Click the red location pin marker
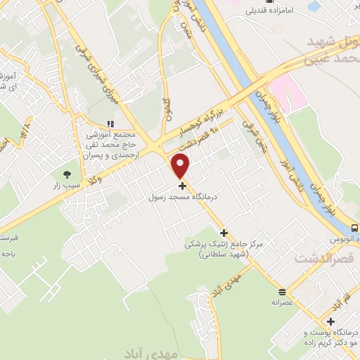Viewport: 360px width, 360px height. [x=181, y=166]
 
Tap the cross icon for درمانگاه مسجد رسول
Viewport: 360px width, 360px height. [x=183, y=186]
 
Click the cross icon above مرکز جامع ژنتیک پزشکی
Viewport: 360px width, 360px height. [x=224, y=233]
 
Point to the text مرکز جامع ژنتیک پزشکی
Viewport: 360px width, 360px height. [x=219, y=245]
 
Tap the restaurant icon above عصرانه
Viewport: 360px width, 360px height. [x=282, y=292]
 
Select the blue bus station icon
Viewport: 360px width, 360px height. [x=354, y=228]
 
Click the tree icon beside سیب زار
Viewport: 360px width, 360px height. [x=67, y=174]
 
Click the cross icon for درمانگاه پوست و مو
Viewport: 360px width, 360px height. [x=330, y=321]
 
